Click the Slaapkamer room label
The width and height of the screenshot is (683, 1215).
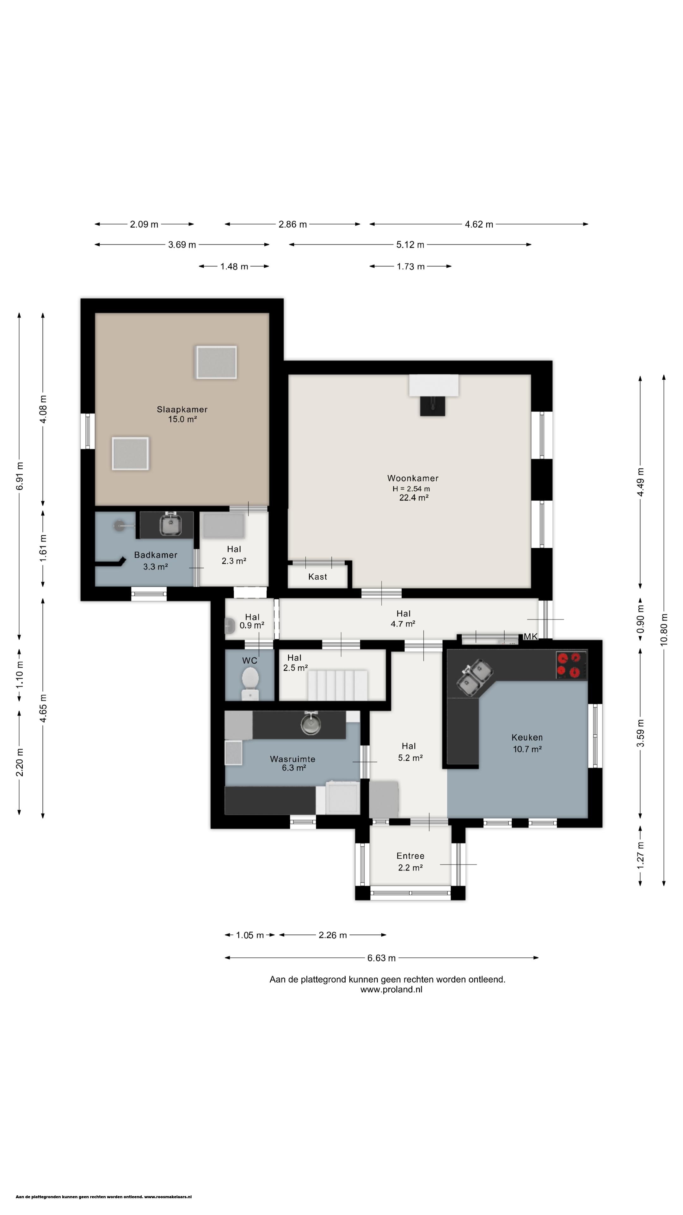pyautogui.click(x=182, y=409)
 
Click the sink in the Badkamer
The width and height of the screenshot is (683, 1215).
pyautogui.click(x=171, y=525)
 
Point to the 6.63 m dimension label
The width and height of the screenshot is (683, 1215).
pyautogui.click(x=381, y=958)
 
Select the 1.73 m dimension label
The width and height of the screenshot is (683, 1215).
pyautogui.click(x=410, y=266)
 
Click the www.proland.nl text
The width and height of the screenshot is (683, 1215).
pyautogui.click(x=391, y=989)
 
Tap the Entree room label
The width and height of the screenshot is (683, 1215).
pyautogui.click(x=410, y=856)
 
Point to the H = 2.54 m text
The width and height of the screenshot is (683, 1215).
pyautogui.click(x=411, y=489)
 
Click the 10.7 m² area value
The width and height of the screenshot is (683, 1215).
pyautogui.click(x=527, y=749)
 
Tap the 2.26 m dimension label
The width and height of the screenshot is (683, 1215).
pyautogui.click(x=333, y=935)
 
